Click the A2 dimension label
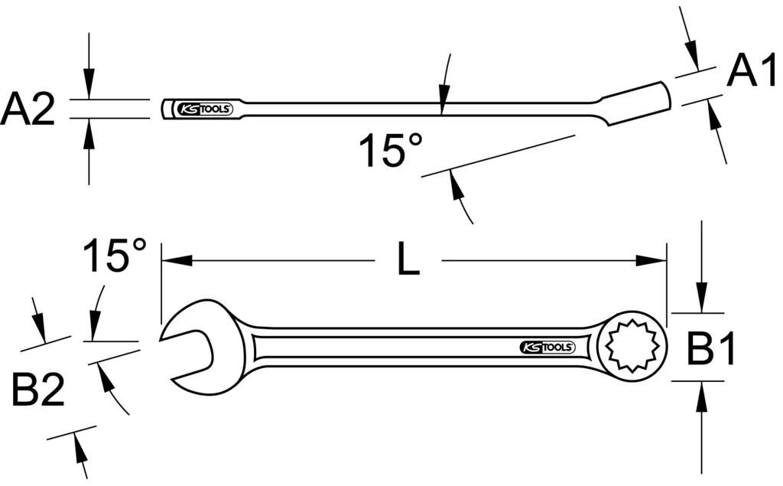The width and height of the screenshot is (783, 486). click(x=28, y=109)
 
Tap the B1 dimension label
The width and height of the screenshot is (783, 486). click(x=711, y=351)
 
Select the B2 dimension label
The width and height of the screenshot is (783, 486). click(x=37, y=391)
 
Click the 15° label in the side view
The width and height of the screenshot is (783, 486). click(x=391, y=151)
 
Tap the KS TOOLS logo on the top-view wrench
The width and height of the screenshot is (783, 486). click(x=547, y=347)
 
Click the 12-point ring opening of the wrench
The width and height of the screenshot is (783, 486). click(x=632, y=347)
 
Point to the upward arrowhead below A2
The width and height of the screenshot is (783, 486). click(x=89, y=130)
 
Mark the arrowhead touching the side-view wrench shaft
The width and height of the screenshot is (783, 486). click(x=443, y=106)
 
